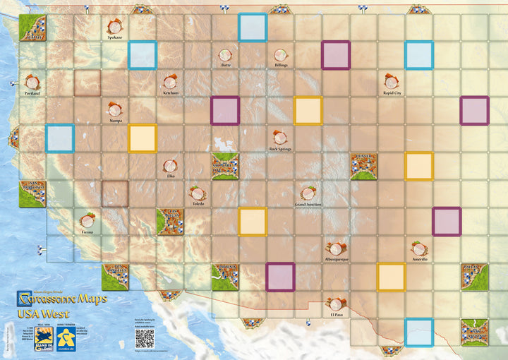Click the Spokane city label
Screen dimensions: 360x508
pyautogui.click(x=114, y=37)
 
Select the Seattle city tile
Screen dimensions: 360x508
pyautogui.click(x=32, y=27)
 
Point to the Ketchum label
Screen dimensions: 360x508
pyautogui.click(x=170, y=92)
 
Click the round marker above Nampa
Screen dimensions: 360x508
pyautogui.click(x=115, y=109)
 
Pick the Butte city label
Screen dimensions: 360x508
pyautogui.click(x=226, y=65)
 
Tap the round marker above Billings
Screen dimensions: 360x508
pyautogui.click(x=281, y=54)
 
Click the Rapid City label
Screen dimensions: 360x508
pyautogui.click(x=392, y=92)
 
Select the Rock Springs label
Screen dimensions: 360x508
pyautogui.click(x=280, y=149)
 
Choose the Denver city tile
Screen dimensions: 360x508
pyautogui.click(x=364, y=167)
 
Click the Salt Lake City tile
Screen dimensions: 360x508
pyautogui.click(x=225, y=167)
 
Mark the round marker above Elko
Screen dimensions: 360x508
pyautogui.click(x=170, y=165)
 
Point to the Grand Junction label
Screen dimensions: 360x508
pyautogui.click(x=308, y=205)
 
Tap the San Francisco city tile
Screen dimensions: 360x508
pyautogui.click(x=32, y=194)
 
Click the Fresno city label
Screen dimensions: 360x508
pyautogui.click(x=87, y=232)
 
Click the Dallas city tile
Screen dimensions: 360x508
pyautogui.click(x=474, y=277)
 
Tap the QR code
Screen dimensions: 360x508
pyautogui.click(x=145, y=337)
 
